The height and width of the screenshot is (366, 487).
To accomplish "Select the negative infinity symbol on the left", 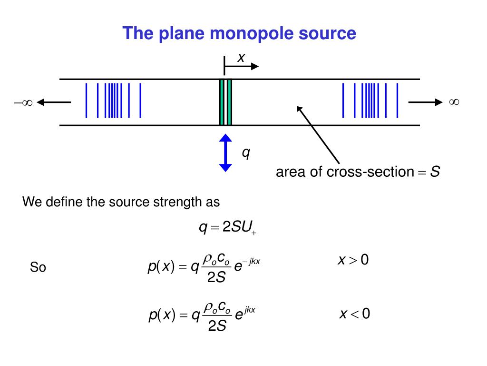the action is [x=23, y=102].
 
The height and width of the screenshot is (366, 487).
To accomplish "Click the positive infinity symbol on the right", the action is [x=454, y=102].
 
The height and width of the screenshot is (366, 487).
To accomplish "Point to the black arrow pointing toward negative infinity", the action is [x=54, y=102].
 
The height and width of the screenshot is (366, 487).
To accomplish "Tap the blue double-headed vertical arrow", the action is [x=225, y=153].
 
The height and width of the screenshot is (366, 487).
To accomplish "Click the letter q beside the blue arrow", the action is [x=246, y=153].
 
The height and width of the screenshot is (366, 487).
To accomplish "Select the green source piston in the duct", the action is [x=225, y=102].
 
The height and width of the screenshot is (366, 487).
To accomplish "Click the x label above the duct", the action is [x=241, y=58].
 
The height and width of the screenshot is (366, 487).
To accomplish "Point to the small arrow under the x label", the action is [x=241, y=66].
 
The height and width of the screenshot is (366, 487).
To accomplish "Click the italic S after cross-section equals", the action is [x=435, y=172].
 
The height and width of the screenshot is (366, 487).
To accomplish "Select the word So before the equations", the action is [x=38, y=267].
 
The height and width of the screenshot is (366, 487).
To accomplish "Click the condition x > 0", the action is [x=353, y=260].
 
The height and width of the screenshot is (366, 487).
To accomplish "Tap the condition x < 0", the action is [x=355, y=314].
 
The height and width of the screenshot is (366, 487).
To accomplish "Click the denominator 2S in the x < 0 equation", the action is [x=217, y=326].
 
